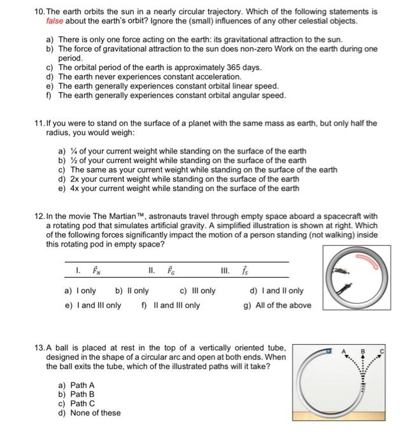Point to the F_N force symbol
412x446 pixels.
tap(97, 270)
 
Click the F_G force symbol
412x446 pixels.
tap(171, 270)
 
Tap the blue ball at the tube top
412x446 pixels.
tap(329, 351)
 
